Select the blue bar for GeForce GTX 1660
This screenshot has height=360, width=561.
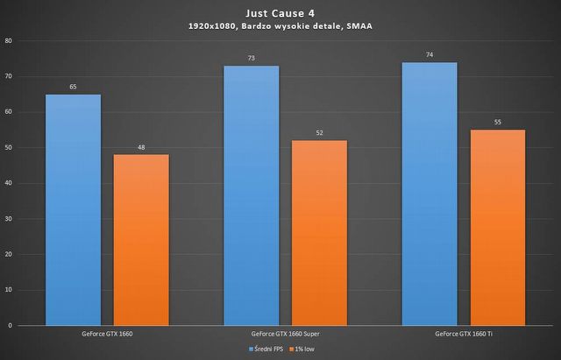pyautogui.click(x=73, y=209)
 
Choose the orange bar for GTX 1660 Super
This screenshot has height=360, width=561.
pyautogui.click(x=319, y=232)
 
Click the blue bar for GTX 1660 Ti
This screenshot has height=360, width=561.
pyautogui.click(x=430, y=194)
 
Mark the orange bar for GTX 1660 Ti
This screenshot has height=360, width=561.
pyautogui.click(x=497, y=227)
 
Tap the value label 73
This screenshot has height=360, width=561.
pyautogui.click(x=252, y=59)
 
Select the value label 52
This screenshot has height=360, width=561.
pyautogui.click(x=319, y=133)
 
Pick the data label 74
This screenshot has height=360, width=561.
pyautogui.click(x=430, y=55)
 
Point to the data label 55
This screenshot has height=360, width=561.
pyautogui.click(x=497, y=123)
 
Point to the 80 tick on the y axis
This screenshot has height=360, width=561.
pyautogui.click(x=9, y=41)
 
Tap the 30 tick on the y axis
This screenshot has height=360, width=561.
pyautogui.click(x=9, y=219)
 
